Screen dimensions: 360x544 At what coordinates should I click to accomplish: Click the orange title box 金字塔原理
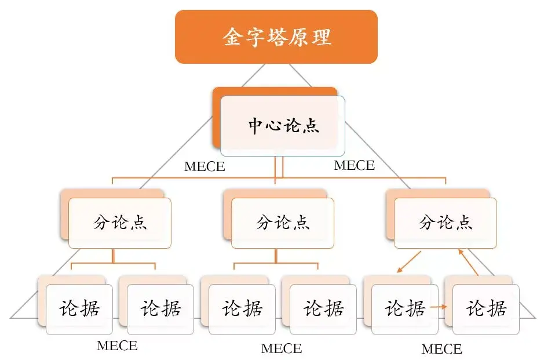[x=276, y=37]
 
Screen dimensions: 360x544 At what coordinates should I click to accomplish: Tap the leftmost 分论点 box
[x=120, y=223]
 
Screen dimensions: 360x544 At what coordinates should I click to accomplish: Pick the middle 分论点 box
[x=283, y=223]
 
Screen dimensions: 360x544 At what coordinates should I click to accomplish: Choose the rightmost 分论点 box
[x=446, y=223]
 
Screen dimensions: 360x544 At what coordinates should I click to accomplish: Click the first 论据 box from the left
[x=79, y=308]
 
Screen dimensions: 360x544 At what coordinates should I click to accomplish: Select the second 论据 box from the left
[x=160, y=308]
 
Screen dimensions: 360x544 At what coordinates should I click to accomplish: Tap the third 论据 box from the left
[x=242, y=308]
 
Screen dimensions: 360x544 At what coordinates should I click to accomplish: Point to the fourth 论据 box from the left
[x=323, y=308]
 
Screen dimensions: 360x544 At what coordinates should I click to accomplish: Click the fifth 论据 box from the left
[x=405, y=308]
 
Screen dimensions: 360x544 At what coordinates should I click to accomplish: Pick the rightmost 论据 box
[x=486, y=308]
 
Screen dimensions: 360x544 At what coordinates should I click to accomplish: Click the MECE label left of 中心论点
[x=205, y=167]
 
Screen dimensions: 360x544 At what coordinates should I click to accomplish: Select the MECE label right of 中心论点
[x=355, y=165]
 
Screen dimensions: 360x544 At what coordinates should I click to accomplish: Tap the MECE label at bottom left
[x=117, y=346]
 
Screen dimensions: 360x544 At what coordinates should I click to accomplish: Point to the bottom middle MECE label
[x=282, y=348]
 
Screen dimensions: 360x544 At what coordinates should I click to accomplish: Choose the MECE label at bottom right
[x=442, y=349]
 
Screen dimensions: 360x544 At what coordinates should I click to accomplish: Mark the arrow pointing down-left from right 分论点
[x=408, y=262]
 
